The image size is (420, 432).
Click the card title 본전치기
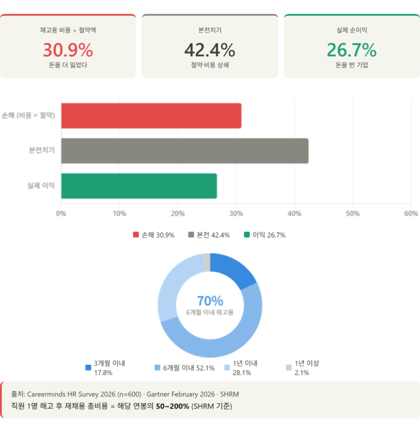[x=209, y=31]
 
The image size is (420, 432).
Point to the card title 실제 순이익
[x=352, y=31]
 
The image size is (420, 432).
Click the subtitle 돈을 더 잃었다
[x=68, y=65]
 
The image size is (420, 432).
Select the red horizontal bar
[x=151, y=115]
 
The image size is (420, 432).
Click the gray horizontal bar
[x=185, y=151]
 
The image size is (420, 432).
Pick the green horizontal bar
[x=139, y=186]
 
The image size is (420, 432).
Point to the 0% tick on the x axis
[x=61, y=213]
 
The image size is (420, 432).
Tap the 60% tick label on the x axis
[x=411, y=213]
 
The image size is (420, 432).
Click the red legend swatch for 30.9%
[x=136, y=235]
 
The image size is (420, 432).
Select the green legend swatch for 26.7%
[x=247, y=235]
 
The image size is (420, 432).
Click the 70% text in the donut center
[x=209, y=301]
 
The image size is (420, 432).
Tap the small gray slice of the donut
[x=207, y=261]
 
